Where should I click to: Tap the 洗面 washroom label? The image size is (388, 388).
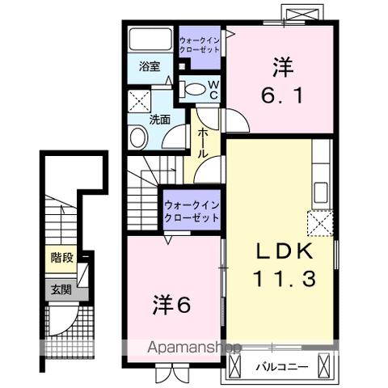point(159,119)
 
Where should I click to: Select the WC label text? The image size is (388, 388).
point(213,88)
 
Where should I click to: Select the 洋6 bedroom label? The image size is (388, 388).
point(172,305)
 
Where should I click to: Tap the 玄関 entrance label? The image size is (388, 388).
point(61,289)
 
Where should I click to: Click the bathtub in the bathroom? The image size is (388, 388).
point(150,41)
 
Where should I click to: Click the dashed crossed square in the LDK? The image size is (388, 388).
point(318,221)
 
